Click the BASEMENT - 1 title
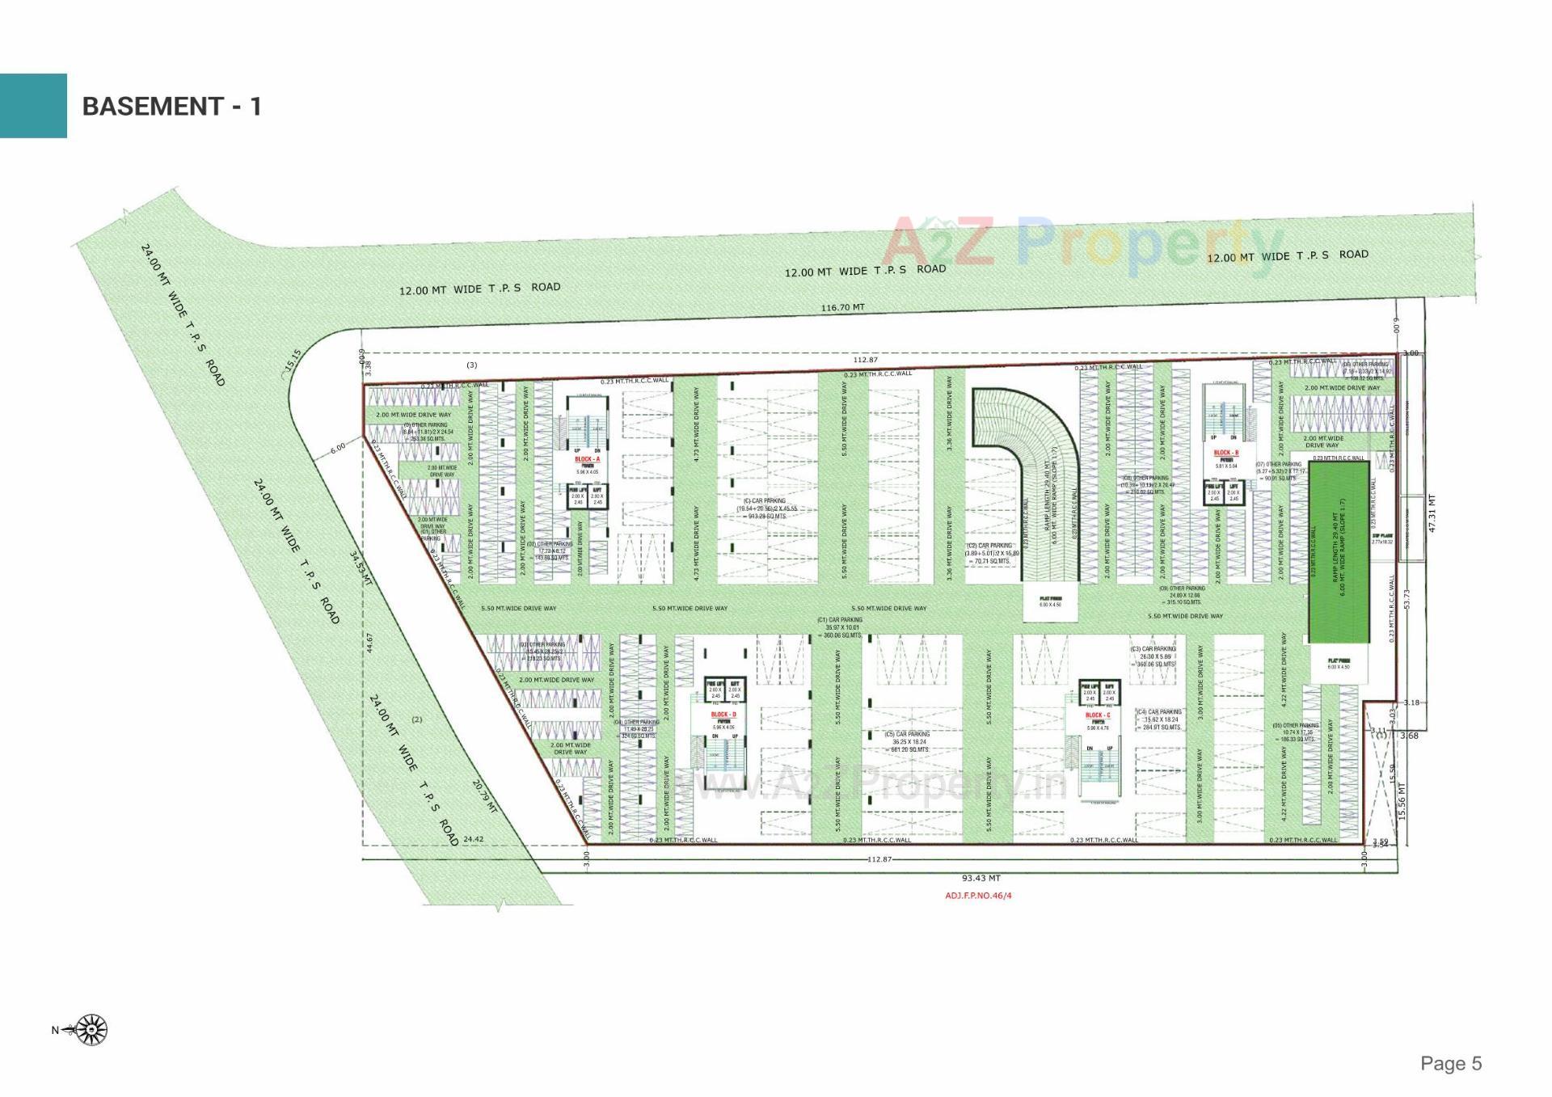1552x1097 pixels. (x=171, y=106)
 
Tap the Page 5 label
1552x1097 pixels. (x=1451, y=1063)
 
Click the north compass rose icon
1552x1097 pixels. (x=92, y=1030)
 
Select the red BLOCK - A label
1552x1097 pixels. (x=587, y=459)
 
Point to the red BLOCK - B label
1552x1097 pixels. (x=1225, y=453)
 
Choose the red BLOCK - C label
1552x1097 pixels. (x=1098, y=715)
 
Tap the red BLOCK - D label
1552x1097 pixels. (x=723, y=715)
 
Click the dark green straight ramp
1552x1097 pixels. (x=1339, y=552)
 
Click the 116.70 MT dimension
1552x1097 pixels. (x=842, y=308)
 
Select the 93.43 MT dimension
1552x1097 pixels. (x=981, y=878)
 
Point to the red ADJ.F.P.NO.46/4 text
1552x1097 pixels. (x=978, y=896)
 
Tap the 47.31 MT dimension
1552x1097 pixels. (x=1432, y=513)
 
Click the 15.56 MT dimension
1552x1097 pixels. (x=1402, y=800)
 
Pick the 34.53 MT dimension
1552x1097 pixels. (x=361, y=568)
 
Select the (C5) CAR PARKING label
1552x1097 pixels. (x=910, y=734)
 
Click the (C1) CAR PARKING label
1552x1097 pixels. (x=841, y=620)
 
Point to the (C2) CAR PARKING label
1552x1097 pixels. (x=989, y=546)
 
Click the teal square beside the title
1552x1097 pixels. (x=33, y=106)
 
